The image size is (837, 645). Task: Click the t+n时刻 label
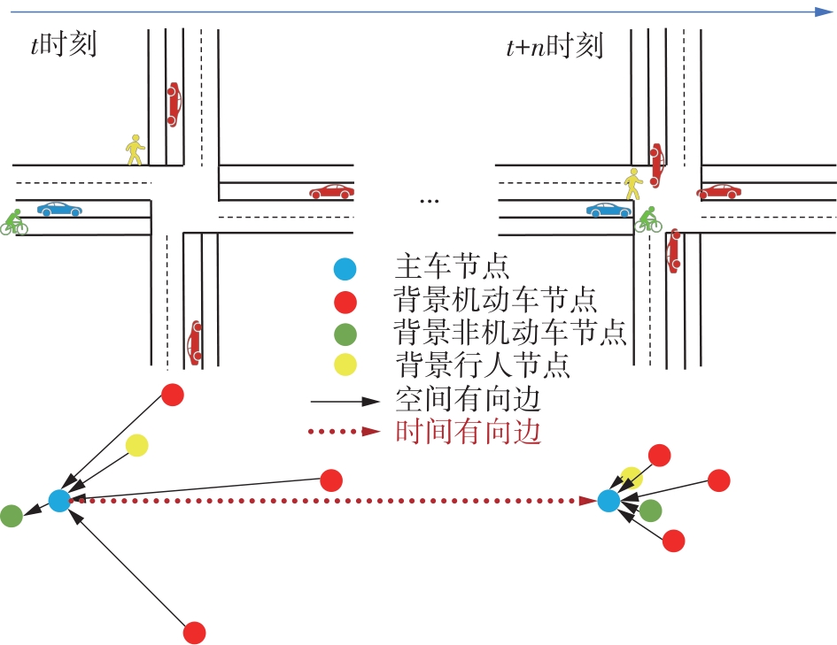coord(554,45)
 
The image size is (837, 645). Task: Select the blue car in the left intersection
coord(59,210)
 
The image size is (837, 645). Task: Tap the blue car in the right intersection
coord(608,210)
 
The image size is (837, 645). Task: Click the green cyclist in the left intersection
coord(13,221)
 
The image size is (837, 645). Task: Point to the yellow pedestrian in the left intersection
coord(134,150)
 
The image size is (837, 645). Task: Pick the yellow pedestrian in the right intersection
coord(632,184)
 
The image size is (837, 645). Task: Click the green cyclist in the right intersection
coord(648,219)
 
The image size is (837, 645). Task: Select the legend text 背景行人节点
coord(482,364)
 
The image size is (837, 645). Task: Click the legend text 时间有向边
coord(467,433)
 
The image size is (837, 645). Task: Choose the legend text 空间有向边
coord(467,400)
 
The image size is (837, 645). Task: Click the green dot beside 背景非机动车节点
coord(346,334)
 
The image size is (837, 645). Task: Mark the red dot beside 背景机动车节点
coord(346,302)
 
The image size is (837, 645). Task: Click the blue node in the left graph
coord(59,501)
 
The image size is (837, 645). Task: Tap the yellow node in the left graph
coord(136,445)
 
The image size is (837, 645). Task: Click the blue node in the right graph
coord(608,501)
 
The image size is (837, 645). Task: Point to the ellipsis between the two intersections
coord(429,202)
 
